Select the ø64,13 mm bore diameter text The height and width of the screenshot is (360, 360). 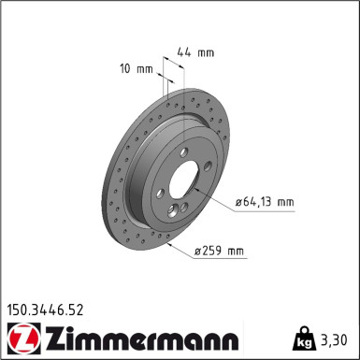(265, 201)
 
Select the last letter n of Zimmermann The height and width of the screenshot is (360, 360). (232, 338)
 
